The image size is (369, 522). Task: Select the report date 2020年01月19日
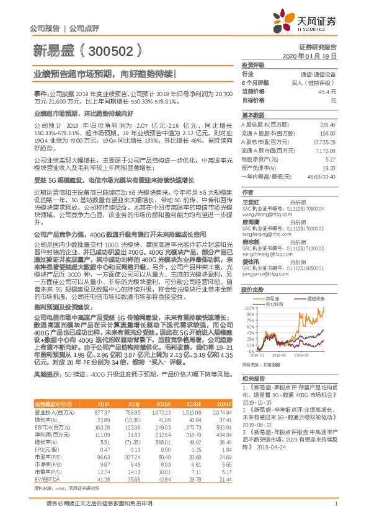(316, 56)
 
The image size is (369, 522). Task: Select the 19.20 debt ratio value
(331, 167)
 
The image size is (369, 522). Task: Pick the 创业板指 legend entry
(274, 304)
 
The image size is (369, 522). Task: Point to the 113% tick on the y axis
(249, 308)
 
